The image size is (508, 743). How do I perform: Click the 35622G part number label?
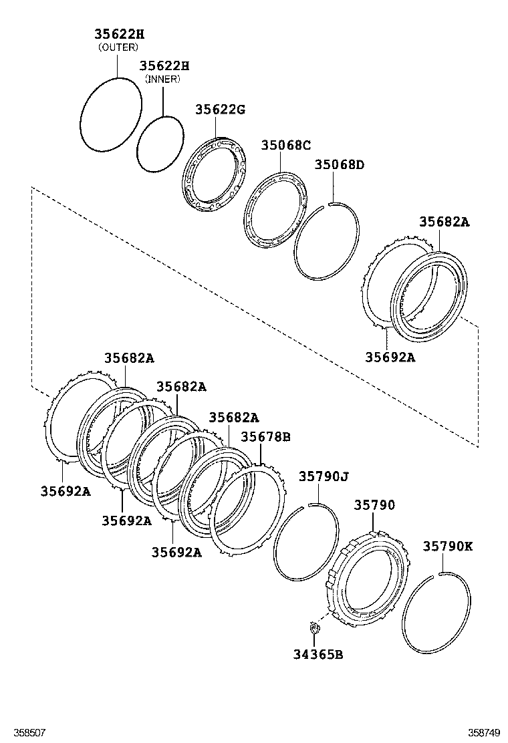pos(220,110)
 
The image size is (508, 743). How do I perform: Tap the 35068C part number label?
pos(285,145)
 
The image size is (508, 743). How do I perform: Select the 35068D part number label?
pos(340,164)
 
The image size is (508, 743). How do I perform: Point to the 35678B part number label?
pos(265,437)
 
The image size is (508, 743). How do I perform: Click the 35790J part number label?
pos(324,476)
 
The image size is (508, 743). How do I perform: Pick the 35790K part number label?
pos(447,546)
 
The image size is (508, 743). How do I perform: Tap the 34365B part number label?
pos(318,654)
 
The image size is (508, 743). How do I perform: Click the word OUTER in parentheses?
pos(118,47)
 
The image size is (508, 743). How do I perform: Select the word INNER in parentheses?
pos(164,79)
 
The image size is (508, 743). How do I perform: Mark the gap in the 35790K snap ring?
pos(441,574)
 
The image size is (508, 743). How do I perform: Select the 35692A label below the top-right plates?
pos(390,357)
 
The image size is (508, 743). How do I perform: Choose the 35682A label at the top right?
pos(444,222)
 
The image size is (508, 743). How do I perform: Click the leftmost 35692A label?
pos(64,491)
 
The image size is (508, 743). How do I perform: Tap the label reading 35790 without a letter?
pos(374,505)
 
